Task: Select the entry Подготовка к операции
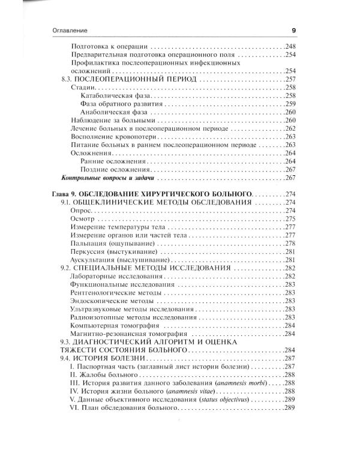(109, 46)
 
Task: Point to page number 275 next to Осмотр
(291, 220)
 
